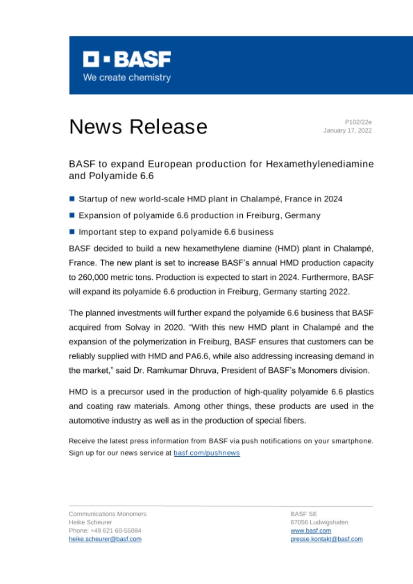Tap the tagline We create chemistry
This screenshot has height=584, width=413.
point(127,78)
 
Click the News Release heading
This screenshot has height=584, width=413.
point(138,126)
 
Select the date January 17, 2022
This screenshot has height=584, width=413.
point(348,130)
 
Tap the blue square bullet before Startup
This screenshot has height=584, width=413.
point(72,199)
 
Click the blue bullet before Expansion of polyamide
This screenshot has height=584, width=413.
point(72,215)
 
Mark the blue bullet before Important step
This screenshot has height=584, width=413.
point(72,232)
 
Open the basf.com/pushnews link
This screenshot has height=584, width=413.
point(207,454)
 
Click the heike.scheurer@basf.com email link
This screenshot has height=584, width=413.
point(105,539)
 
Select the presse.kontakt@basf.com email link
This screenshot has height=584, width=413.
point(327,539)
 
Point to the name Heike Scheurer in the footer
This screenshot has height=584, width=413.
point(90,522)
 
